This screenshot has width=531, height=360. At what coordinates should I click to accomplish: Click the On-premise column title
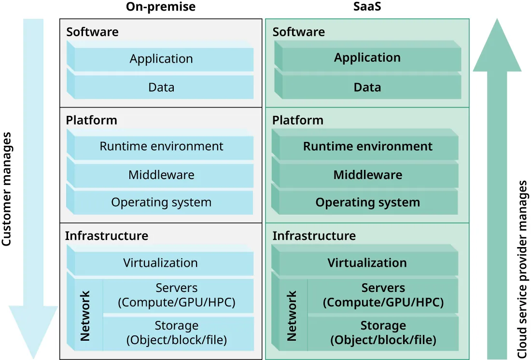point(161,7)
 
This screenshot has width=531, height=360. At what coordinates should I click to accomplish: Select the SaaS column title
point(367,7)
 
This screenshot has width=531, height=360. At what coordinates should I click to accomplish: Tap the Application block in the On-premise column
point(161,59)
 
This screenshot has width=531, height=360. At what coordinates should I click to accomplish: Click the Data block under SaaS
point(367,87)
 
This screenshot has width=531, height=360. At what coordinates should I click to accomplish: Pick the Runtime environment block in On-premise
point(161,146)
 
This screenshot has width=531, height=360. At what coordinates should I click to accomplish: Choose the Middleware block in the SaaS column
point(367,175)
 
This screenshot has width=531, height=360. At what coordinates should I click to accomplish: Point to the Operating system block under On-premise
point(161,202)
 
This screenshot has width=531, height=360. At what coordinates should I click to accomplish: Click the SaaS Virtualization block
point(367,263)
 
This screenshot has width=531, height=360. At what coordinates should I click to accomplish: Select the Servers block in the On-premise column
point(177,295)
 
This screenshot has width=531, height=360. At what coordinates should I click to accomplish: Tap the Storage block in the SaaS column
point(383,332)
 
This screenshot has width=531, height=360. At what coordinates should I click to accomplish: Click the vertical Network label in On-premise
point(85,316)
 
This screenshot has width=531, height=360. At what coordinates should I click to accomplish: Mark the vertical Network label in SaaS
point(292,316)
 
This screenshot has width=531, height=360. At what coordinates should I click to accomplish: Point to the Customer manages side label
point(7,189)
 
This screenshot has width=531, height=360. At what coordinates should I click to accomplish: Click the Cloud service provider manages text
point(522,270)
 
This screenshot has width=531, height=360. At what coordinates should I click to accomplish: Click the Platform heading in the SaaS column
point(298,120)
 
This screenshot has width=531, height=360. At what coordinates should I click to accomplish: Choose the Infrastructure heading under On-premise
point(107,236)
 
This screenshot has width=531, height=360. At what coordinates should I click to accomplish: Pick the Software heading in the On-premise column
point(92,32)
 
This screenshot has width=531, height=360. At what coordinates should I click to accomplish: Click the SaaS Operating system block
point(367,202)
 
